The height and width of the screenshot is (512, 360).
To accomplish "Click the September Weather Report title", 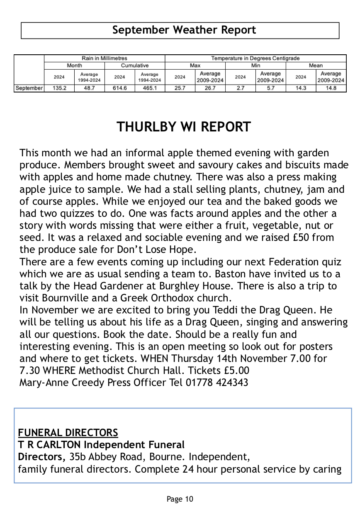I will point(184,30).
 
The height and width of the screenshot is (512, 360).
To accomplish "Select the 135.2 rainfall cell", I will point(59,88).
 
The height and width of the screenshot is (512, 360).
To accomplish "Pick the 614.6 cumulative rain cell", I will point(119,88).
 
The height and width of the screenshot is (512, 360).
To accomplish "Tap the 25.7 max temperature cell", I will point(180,88).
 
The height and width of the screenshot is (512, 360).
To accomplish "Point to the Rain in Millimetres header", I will point(105,58).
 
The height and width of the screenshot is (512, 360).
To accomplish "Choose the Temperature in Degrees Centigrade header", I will point(255,58).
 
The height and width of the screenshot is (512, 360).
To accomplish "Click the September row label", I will point(29,88).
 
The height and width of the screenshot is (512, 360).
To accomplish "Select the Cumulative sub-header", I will point(134,66).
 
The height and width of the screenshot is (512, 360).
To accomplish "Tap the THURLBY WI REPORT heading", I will point(184,127).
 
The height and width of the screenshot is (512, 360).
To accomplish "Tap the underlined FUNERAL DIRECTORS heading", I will point(68,433).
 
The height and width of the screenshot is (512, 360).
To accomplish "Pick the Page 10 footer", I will point(180,499).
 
